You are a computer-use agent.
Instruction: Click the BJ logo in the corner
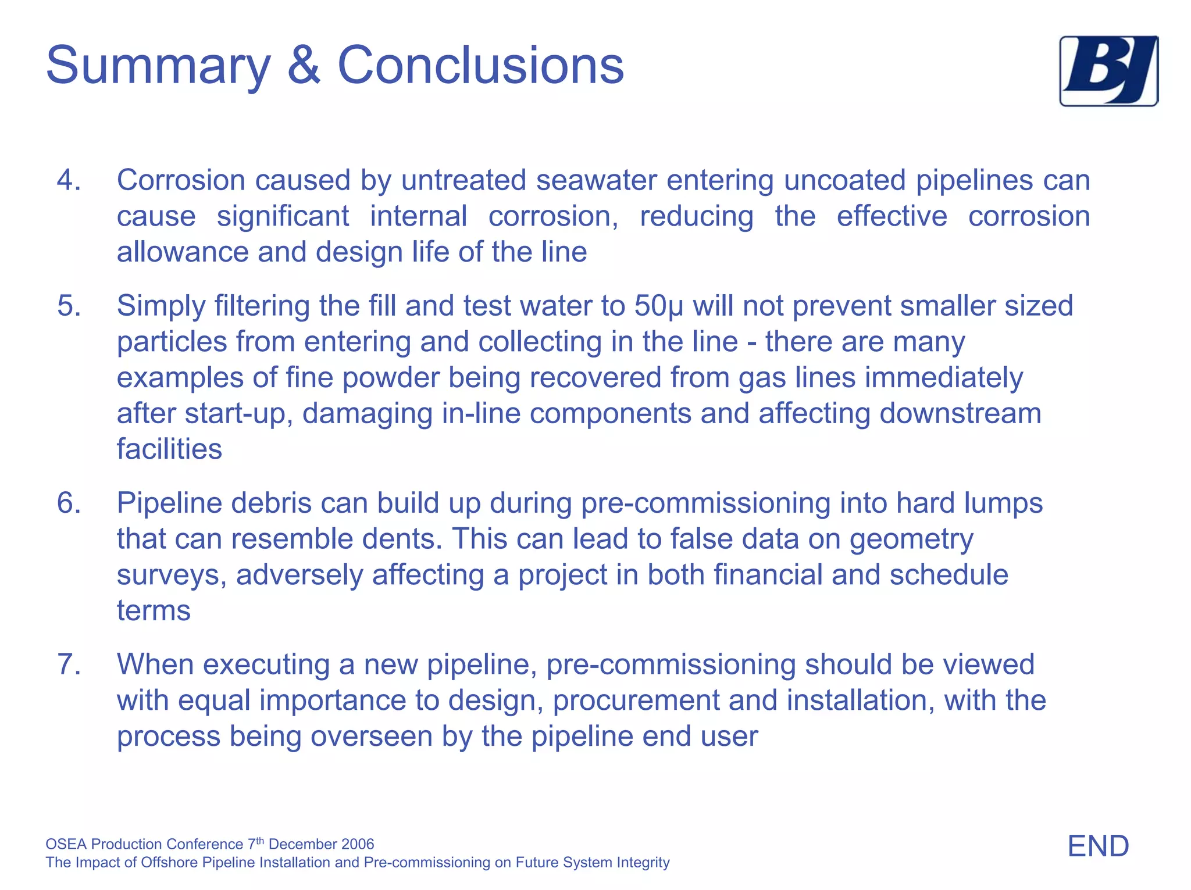[x=1108, y=71]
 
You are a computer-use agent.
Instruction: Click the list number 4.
[x=68, y=180]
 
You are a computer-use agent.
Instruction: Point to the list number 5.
[x=68, y=306]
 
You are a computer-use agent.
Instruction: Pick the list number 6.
[x=68, y=503]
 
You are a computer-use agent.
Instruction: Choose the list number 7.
[x=68, y=664]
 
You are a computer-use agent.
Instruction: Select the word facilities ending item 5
[x=169, y=449]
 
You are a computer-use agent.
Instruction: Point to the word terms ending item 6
[x=154, y=610]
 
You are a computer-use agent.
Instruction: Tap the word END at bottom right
[x=1098, y=846]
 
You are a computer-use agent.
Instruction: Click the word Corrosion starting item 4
[x=181, y=180]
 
